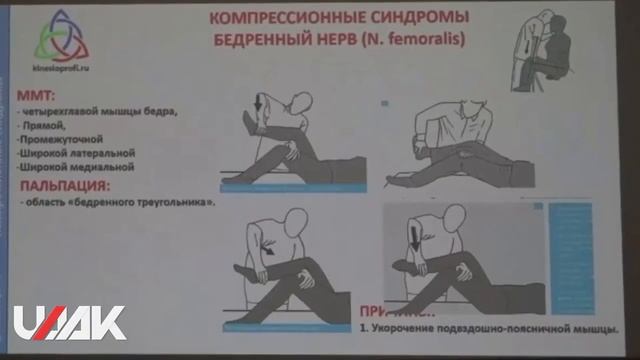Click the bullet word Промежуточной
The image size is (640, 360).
click(61, 141)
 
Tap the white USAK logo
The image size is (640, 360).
click(70, 322)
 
